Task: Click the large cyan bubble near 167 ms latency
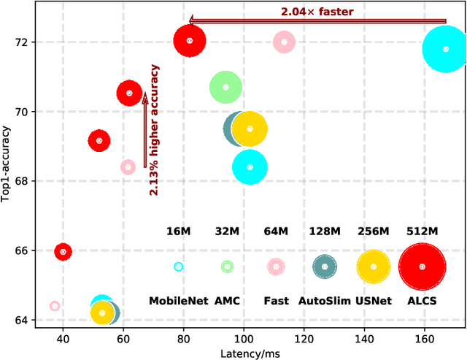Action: point(445,49)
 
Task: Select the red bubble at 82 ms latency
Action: point(190,41)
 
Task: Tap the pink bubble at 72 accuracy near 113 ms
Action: point(284,42)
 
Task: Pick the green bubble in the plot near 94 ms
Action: point(225,87)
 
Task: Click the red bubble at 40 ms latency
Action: point(63,251)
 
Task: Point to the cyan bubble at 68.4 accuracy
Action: point(250,167)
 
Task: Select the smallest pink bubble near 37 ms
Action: point(54,306)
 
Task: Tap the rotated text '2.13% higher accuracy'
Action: point(155,130)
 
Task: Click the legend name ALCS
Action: point(422,301)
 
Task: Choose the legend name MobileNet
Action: point(179,301)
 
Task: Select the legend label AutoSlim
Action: point(325,301)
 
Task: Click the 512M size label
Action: point(422,231)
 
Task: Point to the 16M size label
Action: point(179,231)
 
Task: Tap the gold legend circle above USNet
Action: point(374,267)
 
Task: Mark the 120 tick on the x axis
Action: point(304,339)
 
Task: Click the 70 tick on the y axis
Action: point(23,112)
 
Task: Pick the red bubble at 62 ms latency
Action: point(129,93)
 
